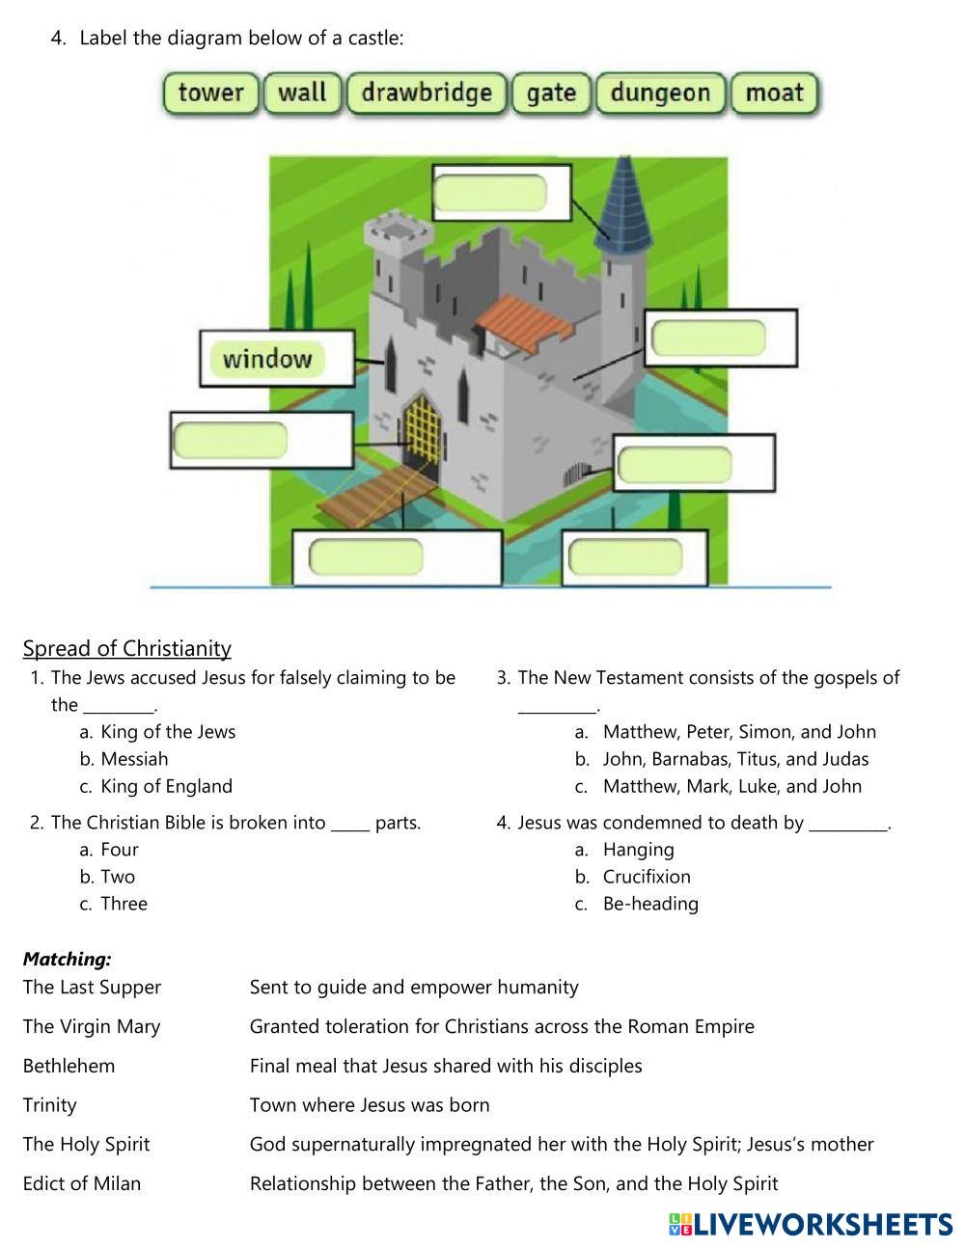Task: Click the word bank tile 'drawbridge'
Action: click(426, 94)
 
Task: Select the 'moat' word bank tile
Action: click(774, 94)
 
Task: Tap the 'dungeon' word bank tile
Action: click(660, 94)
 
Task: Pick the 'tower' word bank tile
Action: click(210, 94)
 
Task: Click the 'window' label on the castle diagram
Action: click(267, 359)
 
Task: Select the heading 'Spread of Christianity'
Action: click(126, 648)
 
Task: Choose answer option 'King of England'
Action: click(166, 786)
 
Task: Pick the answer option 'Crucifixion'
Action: click(647, 877)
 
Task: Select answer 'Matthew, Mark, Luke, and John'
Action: click(731, 786)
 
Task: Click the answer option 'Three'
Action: click(124, 904)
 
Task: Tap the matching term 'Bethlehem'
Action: click(69, 1066)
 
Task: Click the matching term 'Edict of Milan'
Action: click(82, 1183)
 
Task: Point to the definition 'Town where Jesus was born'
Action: click(370, 1105)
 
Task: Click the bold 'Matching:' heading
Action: click(68, 959)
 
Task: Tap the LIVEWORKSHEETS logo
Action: click(810, 1224)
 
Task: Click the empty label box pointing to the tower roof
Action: click(490, 194)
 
